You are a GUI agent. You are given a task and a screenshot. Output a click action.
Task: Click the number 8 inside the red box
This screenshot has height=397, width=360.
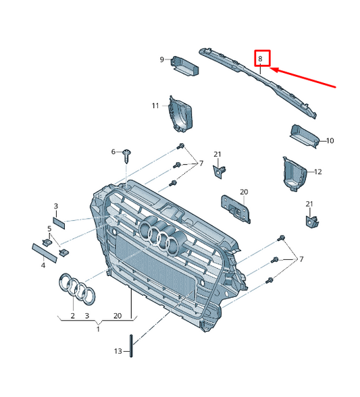pyautogui.click(x=261, y=59)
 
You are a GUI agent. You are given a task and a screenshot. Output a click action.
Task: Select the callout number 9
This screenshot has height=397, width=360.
pyautogui.click(x=162, y=59)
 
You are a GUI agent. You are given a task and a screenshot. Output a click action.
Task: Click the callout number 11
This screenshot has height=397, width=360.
pyautogui.click(x=155, y=106)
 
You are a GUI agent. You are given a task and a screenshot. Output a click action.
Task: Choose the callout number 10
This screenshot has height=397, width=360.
pyautogui.click(x=330, y=141)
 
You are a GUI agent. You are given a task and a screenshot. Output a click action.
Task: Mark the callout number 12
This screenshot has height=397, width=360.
pyautogui.click(x=317, y=171)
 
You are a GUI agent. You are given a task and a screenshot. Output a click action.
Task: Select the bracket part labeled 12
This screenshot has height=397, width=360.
pyautogui.click(x=294, y=173)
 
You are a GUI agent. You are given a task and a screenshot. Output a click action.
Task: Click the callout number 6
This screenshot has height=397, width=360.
pyautogui.click(x=113, y=153)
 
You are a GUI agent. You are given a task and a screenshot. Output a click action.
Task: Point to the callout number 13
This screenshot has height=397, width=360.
pyautogui.click(x=118, y=352)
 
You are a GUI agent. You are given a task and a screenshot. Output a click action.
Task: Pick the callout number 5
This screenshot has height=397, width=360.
pyautogui.click(x=49, y=228)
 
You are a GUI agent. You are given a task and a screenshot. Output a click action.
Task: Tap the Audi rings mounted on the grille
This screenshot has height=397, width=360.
pyautogui.click(x=162, y=237)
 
